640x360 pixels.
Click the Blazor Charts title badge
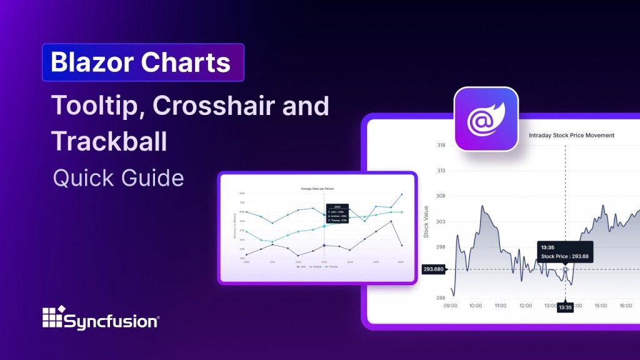tap(142, 62)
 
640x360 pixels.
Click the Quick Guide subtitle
tap(119, 178)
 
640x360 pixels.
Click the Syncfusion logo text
tap(112, 321)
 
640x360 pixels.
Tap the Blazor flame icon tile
tap(486, 119)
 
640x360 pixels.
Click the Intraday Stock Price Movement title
tap(571, 135)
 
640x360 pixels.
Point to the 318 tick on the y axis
tap(441, 145)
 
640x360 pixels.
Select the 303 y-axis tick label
tap(441, 221)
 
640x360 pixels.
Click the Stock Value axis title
tap(426, 221)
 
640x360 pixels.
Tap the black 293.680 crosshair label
tap(433, 269)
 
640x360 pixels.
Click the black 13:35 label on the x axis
tap(565, 307)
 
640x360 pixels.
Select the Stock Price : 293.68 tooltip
tap(564, 252)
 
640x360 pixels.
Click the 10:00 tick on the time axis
tap(475, 306)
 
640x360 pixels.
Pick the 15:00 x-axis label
tap(601, 306)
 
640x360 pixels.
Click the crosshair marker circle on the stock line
tap(566, 269)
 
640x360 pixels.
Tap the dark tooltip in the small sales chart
tap(337, 214)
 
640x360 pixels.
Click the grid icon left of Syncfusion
tap(53, 317)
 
